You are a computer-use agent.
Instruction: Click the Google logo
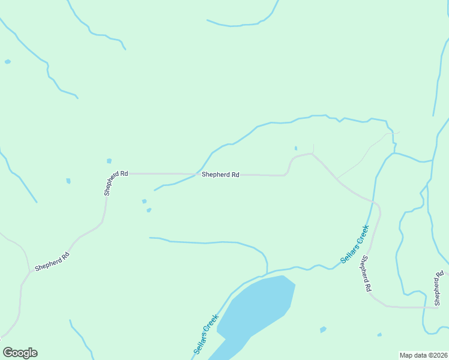point(20,353)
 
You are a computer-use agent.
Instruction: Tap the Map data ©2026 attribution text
point(423,355)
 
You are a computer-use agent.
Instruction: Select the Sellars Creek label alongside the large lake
point(206,334)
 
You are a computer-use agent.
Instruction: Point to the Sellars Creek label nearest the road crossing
point(354,244)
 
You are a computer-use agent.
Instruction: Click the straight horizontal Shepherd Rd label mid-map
point(220,175)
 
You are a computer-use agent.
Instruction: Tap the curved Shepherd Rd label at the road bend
point(116,183)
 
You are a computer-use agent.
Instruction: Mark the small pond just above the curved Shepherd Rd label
point(109,161)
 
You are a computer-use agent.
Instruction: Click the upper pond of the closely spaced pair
point(143,201)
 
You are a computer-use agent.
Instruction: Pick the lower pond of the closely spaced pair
point(149,210)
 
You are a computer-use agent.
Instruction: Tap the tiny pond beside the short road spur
point(295,148)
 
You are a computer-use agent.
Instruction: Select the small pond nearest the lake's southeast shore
point(323,329)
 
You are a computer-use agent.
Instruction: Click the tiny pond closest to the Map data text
point(379,335)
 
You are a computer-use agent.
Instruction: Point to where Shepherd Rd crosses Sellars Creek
point(375,201)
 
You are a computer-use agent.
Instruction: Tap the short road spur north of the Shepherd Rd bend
point(313,148)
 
